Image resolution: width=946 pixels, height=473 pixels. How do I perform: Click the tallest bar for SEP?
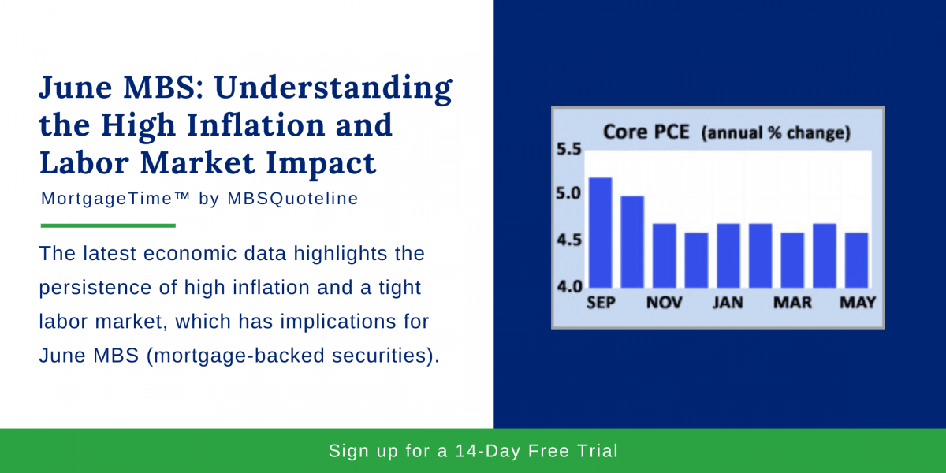[x=600, y=233]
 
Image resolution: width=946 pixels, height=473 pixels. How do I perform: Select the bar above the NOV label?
[x=665, y=255]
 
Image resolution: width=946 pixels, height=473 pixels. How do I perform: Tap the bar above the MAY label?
[x=857, y=260]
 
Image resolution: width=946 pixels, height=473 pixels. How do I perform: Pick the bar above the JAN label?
[x=728, y=255]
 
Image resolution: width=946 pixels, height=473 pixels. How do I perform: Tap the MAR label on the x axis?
[x=792, y=303]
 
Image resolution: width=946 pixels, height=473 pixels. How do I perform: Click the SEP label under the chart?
[x=601, y=303]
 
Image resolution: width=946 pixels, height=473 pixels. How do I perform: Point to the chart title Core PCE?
[x=646, y=132]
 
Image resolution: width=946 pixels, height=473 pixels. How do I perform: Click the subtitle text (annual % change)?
[x=776, y=133]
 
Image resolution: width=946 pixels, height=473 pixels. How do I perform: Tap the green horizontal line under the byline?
[x=108, y=225]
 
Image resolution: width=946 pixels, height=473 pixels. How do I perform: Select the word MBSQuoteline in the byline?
[x=292, y=199]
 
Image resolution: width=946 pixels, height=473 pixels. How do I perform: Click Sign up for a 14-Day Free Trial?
[x=473, y=451]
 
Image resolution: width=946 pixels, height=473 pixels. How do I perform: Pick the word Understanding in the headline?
[x=334, y=88]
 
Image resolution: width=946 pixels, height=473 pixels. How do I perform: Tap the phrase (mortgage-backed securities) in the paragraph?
[x=292, y=356]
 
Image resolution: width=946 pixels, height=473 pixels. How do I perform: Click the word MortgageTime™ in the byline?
[x=116, y=199]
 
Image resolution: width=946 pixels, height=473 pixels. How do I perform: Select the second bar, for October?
[x=632, y=241]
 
